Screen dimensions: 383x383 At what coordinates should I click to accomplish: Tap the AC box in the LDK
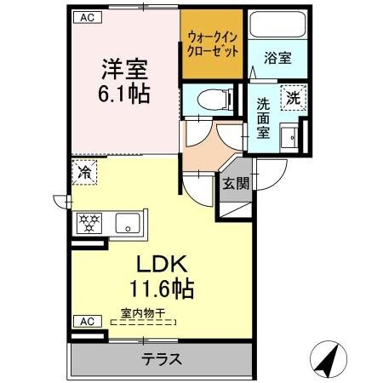pyautogui.click(x=85, y=321)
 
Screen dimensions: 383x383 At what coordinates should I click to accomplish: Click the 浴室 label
pyautogui.click(x=277, y=59)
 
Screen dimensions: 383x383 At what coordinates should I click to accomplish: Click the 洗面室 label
pyautogui.click(x=265, y=117)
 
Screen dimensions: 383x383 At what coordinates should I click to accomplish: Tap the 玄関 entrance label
pyautogui.click(x=235, y=182)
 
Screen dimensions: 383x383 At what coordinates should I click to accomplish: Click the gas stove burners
pyautogui.click(x=89, y=225)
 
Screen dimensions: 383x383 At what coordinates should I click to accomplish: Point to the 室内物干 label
pyautogui.click(x=142, y=312)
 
